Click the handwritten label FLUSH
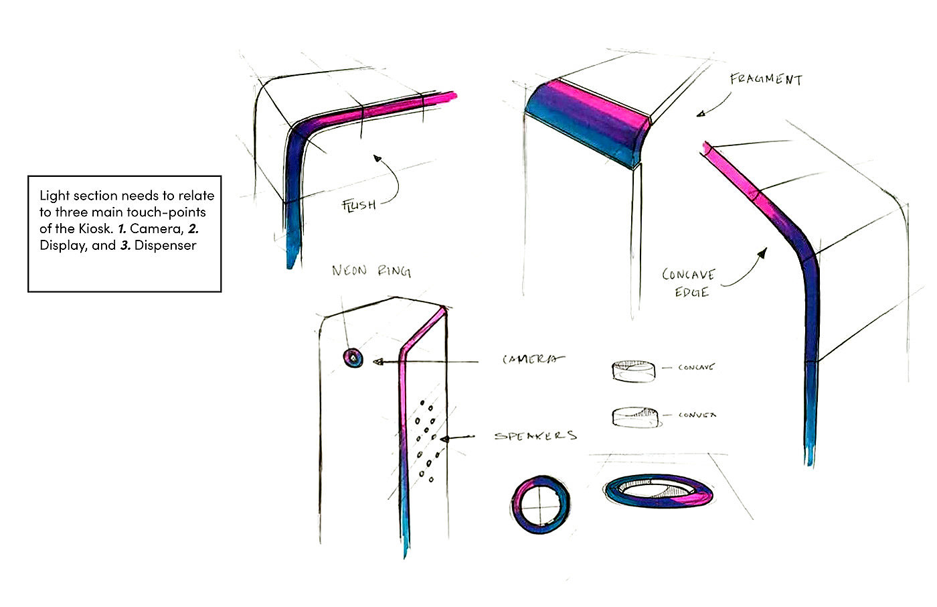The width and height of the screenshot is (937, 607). click(x=359, y=204)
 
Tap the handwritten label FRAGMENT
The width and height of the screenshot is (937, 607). click(x=766, y=79)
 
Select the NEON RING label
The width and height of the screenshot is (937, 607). click(x=371, y=271)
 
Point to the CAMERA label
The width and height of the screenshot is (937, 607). click(x=533, y=360)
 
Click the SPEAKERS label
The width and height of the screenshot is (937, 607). click(x=535, y=436)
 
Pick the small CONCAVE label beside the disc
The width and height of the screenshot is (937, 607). click(x=696, y=367)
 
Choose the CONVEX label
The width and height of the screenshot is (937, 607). click(x=697, y=415)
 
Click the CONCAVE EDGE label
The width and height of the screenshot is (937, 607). click(x=688, y=283)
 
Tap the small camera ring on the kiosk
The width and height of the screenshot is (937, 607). click(x=353, y=358)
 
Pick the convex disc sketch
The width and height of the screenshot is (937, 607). click(x=634, y=417)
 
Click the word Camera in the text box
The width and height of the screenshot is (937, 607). click(x=155, y=228)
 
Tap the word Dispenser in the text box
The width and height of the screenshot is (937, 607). click(x=165, y=245)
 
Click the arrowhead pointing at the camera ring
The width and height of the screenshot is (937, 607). click(x=376, y=362)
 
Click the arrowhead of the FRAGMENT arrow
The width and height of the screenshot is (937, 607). click(x=699, y=114)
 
